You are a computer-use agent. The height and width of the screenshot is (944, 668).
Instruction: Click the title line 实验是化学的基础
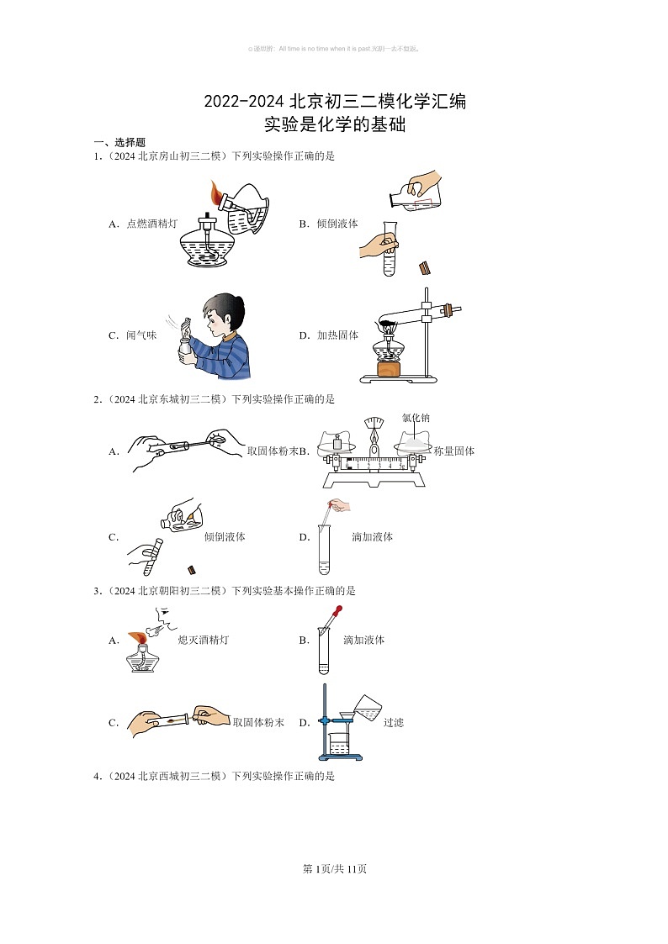[x=335, y=125]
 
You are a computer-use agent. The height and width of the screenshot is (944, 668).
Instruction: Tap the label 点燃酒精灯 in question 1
[x=151, y=224]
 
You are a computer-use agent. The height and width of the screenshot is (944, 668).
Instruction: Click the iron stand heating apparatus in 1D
[x=404, y=336]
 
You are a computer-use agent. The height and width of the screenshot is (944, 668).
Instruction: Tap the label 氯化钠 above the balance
[x=416, y=418]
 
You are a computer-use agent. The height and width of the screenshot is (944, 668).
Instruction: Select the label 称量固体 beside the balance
[x=454, y=451]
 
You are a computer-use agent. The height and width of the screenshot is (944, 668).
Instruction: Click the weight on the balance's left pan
[x=338, y=440]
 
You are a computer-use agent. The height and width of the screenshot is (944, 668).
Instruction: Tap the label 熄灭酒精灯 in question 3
[x=203, y=640]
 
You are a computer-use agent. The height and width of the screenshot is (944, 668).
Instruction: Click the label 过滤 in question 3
[x=394, y=722]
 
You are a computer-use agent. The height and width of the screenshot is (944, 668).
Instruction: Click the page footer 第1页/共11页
[x=334, y=869]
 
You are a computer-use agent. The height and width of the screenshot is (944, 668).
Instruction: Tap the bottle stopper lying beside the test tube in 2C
[x=192, y=568]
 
